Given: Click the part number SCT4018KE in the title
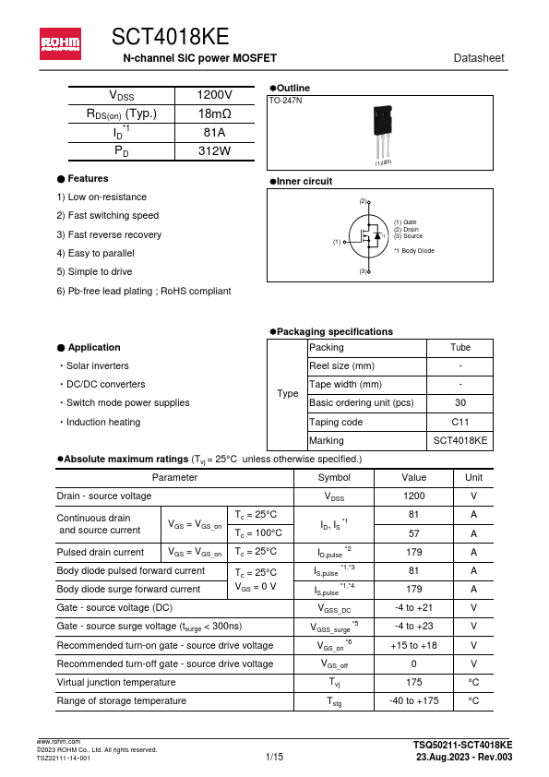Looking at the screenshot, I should [170, 36].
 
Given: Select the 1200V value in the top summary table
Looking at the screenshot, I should [214, 96].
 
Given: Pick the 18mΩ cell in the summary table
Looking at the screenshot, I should [214, 114].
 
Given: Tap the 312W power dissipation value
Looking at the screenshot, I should [214, 150].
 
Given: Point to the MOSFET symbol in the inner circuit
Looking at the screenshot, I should [369, 237].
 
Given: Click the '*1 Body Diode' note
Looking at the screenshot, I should [413, 251].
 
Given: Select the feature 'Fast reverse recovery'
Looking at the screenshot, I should [108, 234].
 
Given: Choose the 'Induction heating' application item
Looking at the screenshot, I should [103, 422].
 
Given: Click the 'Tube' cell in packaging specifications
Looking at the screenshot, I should [459, 348].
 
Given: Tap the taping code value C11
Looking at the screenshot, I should [459, 422].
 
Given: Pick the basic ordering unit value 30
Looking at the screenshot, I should [459, 403].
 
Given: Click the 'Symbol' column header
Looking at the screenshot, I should [334, 477].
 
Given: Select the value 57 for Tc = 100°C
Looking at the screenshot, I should [413, 533].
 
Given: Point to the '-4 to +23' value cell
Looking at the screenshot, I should [413, 626].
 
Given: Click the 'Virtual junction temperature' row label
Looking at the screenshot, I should [116, 682].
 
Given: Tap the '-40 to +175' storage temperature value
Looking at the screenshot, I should [413, 701].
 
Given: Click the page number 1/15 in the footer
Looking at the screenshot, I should [274, 757].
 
